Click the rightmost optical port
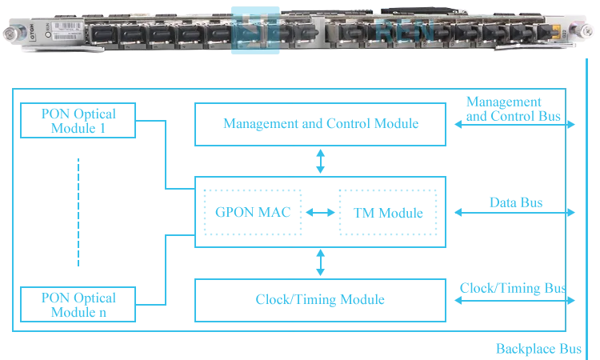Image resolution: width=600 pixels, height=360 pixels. pos(546,34)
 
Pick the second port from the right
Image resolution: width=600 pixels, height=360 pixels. pos(519,34)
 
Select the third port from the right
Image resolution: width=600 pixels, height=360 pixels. pos(491,34)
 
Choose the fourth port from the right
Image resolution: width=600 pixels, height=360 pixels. pos(464,34)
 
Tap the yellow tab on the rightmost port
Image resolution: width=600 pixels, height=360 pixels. pos(556,33)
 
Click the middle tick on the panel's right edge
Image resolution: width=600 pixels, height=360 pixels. pos(573,212)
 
